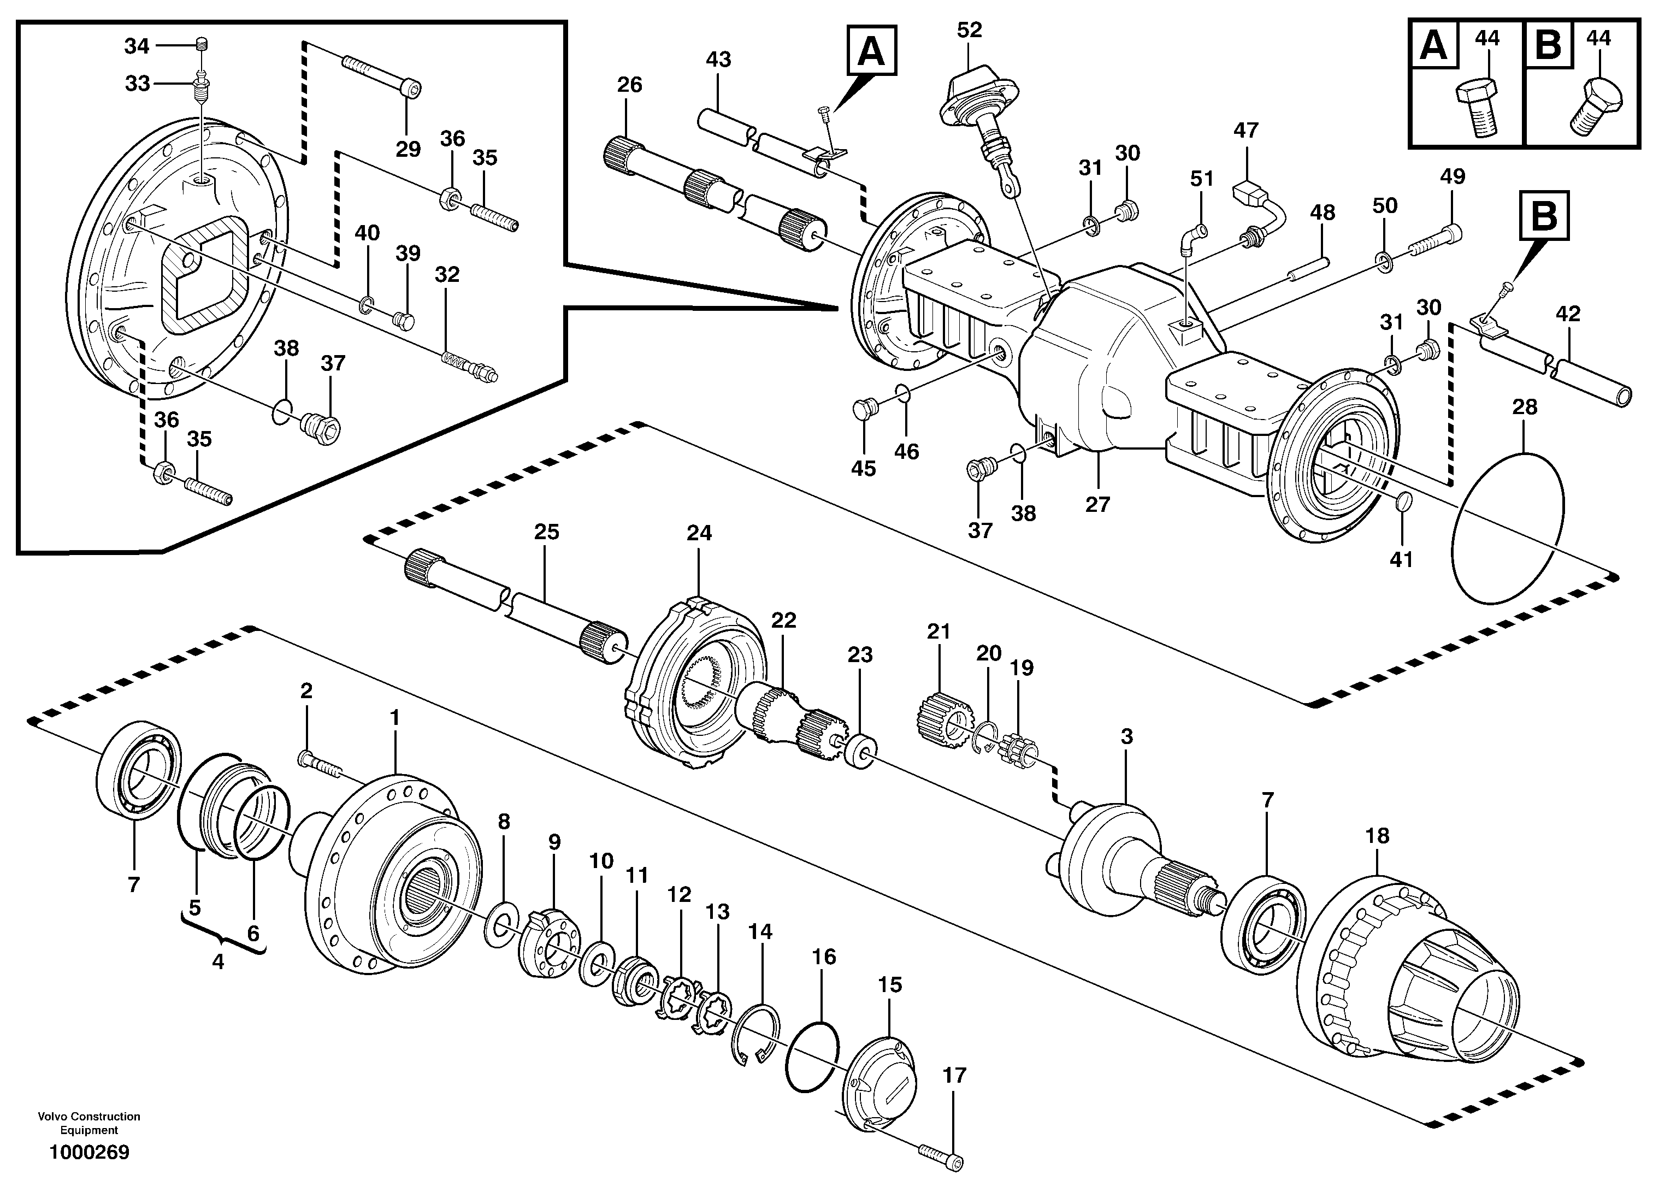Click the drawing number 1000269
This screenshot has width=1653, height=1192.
[x=89, y=1153]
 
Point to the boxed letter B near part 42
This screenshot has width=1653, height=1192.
[x=1544, y=215]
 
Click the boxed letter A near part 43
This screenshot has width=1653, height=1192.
[x=872, y=50]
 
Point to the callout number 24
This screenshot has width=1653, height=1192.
[x=699, y=533]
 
